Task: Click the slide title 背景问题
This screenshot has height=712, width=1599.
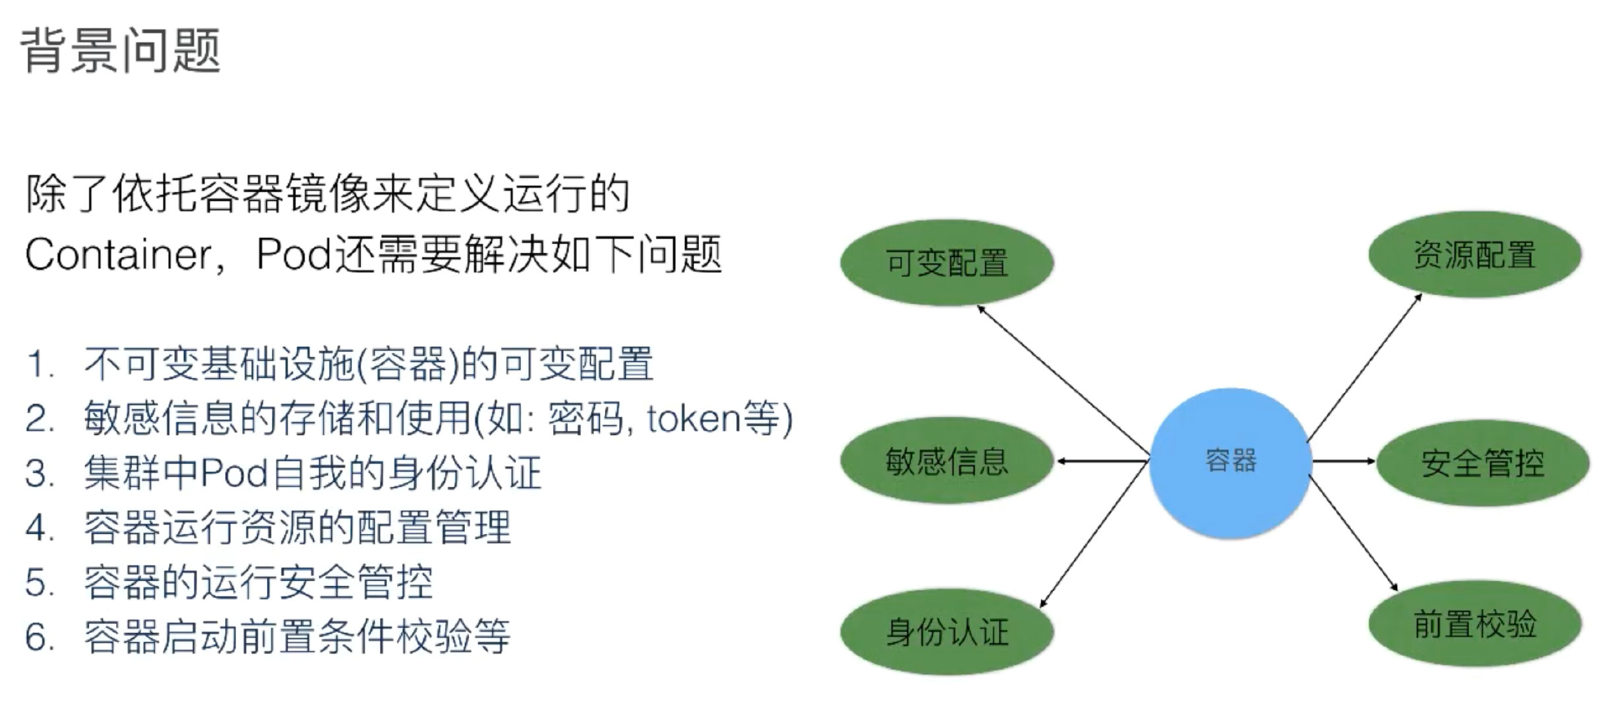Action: pos(121,50)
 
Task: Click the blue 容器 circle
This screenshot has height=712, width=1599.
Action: pos(1230,461)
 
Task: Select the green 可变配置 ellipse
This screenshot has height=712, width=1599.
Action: pos(947,262)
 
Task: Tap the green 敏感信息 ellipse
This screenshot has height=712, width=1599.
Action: pos(947,461)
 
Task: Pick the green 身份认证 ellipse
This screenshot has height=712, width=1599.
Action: pos(947,631)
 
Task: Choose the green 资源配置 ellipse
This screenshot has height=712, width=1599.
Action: pos(1474,254)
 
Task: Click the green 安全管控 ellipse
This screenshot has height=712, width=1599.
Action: pos(1482,463)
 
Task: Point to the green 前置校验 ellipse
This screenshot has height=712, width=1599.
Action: pos(1474,624)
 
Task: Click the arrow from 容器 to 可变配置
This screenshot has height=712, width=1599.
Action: pos(1063,382)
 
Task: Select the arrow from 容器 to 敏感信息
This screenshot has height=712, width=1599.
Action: pos(1102,461)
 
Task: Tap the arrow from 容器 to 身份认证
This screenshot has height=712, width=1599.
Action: pos(1095,533)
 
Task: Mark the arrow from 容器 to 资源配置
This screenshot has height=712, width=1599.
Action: pos(1364,368)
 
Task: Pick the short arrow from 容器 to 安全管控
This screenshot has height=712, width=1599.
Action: pos(1343,461)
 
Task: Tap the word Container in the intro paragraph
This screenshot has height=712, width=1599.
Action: pos(119,254)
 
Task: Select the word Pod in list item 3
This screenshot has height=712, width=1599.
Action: pos(233,473)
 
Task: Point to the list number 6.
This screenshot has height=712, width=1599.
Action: pos(40,637)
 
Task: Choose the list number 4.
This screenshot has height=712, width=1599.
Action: pos(40,528)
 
